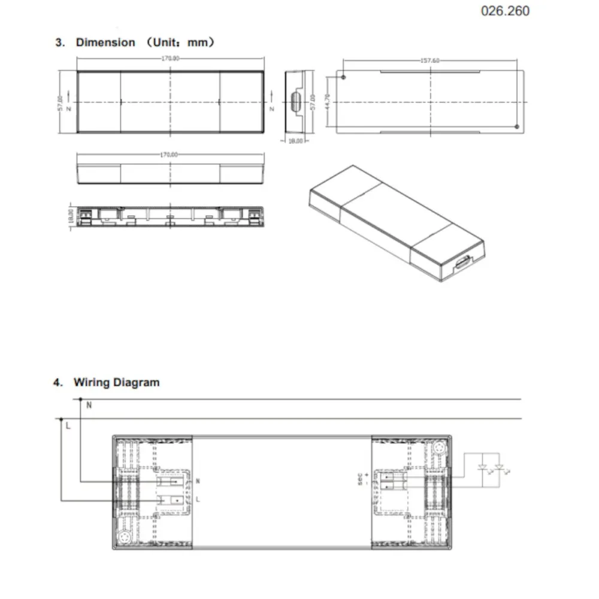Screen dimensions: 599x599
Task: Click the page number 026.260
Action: coord(505,11)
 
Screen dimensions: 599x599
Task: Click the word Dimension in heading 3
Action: coord(105,43)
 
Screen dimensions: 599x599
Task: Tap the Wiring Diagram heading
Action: coord(116,382)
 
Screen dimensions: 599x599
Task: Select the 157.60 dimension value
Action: coord(429,60)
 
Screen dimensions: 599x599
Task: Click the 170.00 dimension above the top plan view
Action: coord(170,59)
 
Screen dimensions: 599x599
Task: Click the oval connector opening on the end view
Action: coord(296,101)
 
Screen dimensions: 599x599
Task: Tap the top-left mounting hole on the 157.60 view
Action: coord(343,77)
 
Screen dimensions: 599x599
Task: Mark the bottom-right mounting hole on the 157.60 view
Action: coord(517,126)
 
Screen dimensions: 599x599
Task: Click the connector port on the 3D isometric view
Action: coord(462,265)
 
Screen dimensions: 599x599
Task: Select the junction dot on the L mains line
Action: coord(62,419)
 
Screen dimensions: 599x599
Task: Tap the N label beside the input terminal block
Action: coord(198,481)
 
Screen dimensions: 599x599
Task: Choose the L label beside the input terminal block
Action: coord(198,499)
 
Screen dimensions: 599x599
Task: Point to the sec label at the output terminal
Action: coord(361,481)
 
